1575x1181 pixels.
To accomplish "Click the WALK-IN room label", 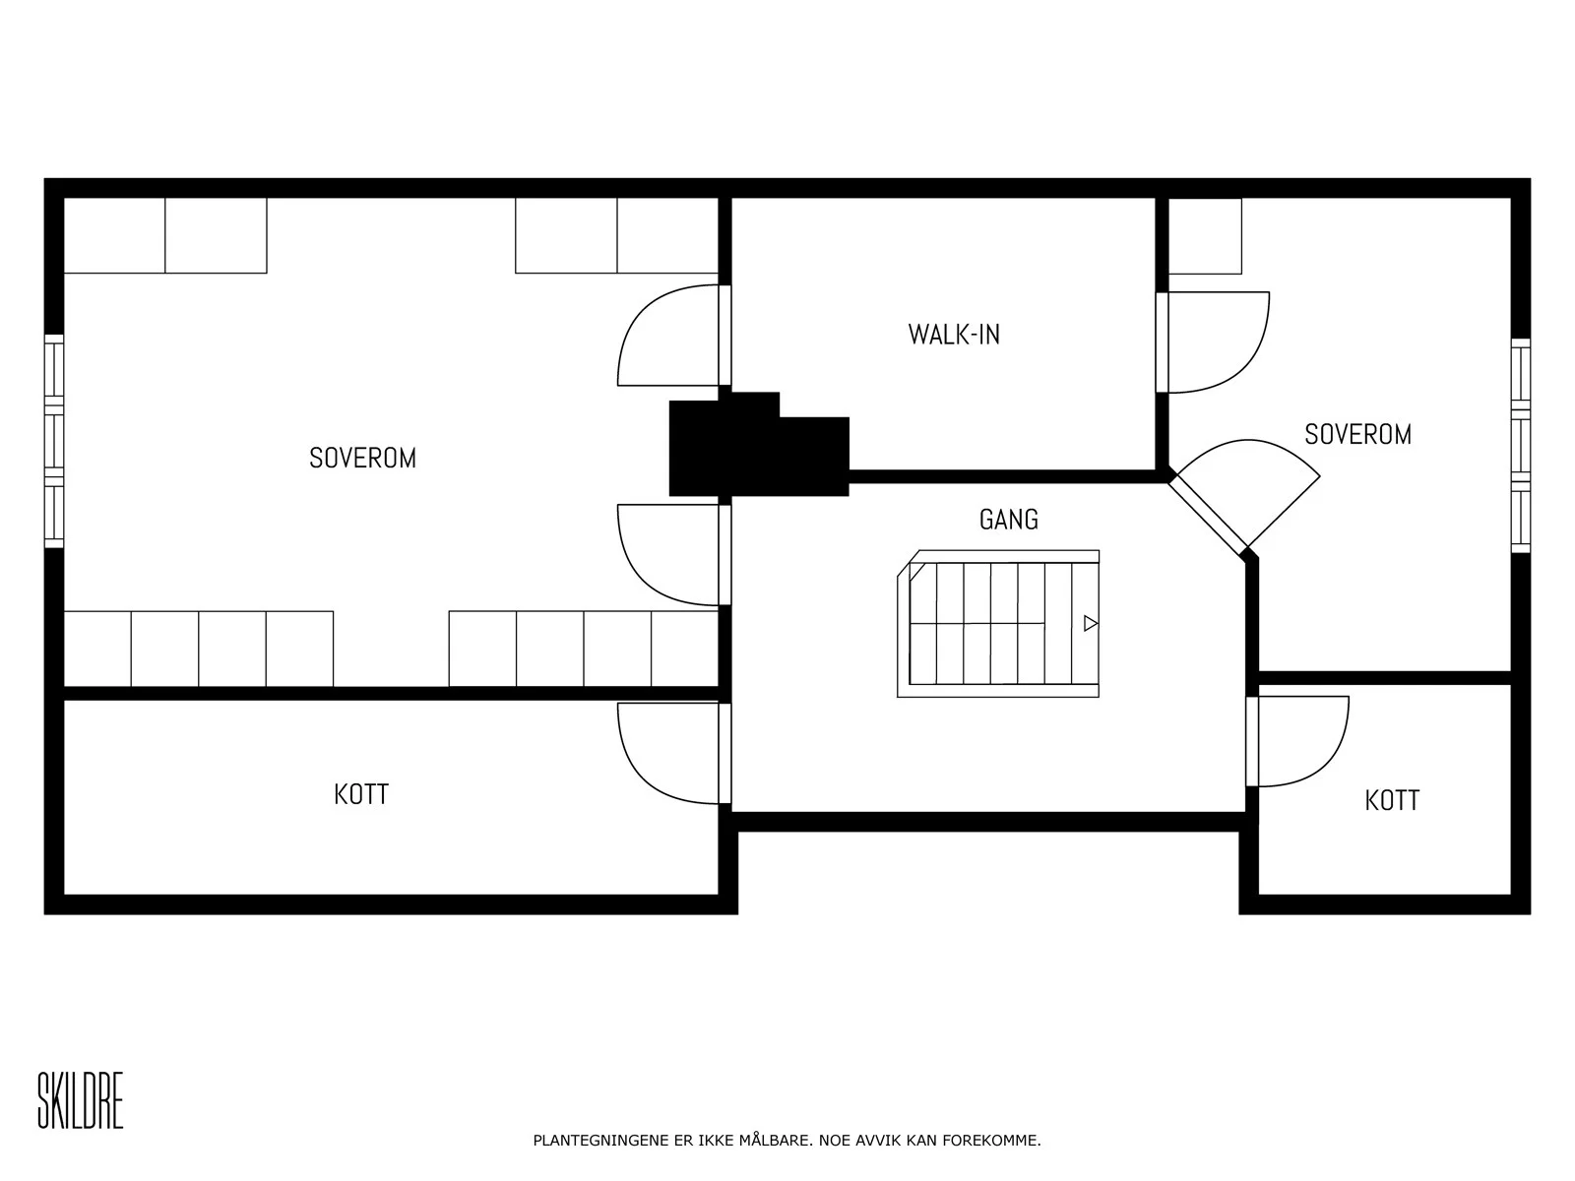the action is (954, 335).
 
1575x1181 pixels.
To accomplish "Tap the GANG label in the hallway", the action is (1009, 520).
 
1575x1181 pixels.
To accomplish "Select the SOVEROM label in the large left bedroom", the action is (362, 459).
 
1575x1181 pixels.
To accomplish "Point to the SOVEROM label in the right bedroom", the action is (1357, 435).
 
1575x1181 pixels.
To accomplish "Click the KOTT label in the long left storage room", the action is (361, 794).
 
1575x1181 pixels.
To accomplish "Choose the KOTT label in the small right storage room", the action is (1392, 800).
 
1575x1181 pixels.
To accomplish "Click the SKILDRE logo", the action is (81, 1100).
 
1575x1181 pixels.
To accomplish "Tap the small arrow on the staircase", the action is (1091, 623).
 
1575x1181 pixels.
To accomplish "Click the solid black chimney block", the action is (759, 445).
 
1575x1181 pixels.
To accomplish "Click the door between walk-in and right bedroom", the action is (1213, 342).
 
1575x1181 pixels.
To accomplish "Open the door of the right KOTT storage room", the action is (1297, 741).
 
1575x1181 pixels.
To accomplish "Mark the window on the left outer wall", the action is (54, 441).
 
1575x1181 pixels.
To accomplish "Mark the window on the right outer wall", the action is (1521, 445).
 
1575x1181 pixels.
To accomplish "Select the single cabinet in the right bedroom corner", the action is (1206, 236).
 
